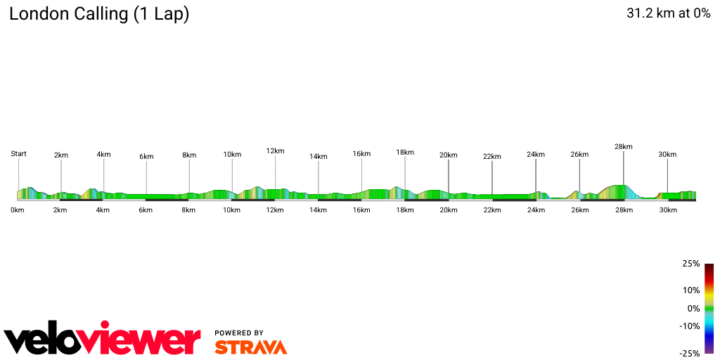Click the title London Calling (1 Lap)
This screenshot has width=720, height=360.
pos(99,14)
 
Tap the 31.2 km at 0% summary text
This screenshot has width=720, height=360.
pos(668,13)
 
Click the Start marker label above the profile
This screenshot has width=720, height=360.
pos(18,153)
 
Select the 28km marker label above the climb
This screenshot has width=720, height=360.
pos(623,146)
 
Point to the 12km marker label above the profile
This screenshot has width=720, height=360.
pos(275,150)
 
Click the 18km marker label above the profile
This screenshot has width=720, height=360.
pos(405,152)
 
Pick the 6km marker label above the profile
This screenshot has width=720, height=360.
pos(146,156)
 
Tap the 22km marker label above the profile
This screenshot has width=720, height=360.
pos(492,156)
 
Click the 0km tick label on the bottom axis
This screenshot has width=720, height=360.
pos(18,210)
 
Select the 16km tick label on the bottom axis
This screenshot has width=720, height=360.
pos(362,210)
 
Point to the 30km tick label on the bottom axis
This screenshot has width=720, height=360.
pos(667,210)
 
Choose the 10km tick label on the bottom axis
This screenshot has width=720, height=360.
pos(232,210)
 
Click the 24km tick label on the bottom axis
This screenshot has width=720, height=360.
pos(536,210)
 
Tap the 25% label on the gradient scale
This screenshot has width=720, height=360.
pos(691,264)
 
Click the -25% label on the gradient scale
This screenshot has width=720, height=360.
pos(690,354)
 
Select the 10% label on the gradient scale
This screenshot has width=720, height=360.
pos(691,290)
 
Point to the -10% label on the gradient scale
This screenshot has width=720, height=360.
pos(690,326)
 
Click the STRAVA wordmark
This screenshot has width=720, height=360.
pos(250,347)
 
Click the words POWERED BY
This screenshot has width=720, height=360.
pos(239,333)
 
